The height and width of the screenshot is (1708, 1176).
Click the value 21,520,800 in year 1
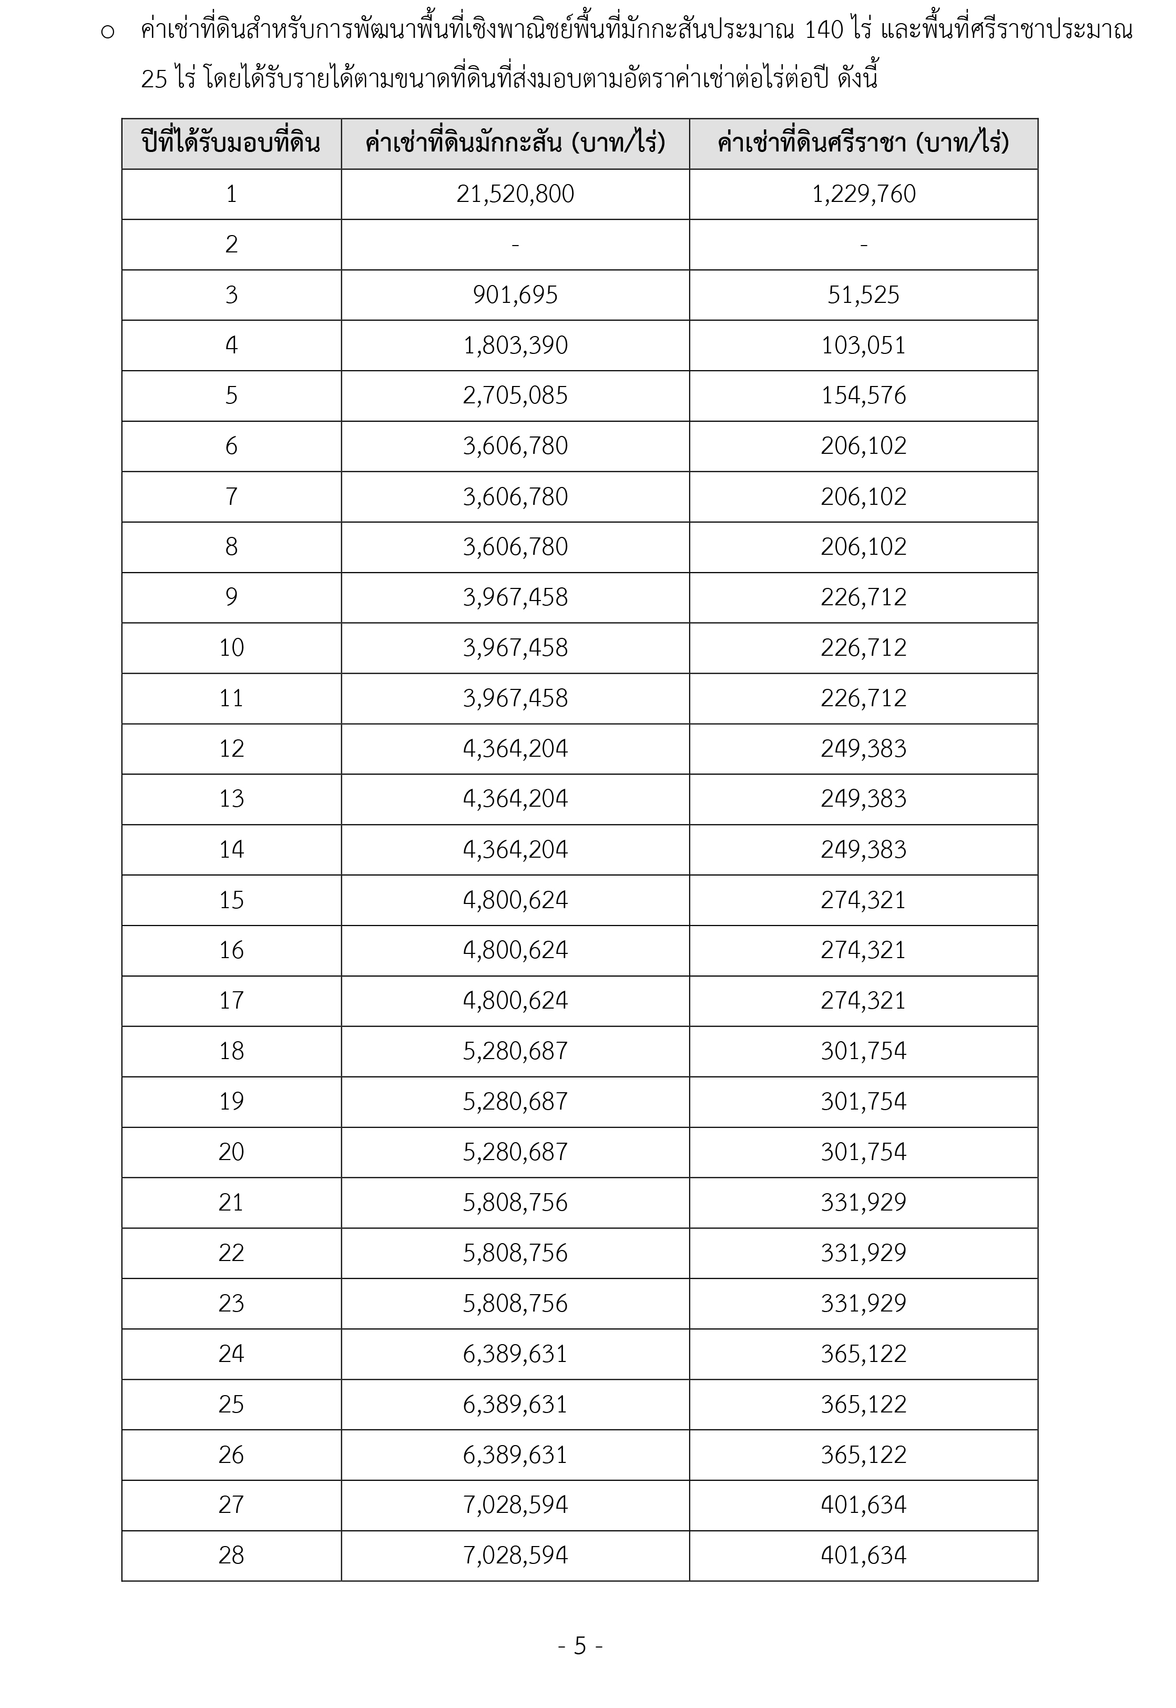click(515, 194)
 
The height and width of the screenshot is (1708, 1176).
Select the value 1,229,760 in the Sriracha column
click(864, 194)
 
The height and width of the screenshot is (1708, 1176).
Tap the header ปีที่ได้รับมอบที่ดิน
click(231, 143)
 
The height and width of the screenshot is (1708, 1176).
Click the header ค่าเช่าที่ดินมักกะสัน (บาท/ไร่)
click(515, 143)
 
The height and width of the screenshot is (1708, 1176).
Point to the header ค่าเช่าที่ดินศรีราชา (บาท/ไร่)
click(864, 143)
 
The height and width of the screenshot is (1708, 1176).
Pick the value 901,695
click(515, 294)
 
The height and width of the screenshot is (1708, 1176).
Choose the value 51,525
click(864, 294)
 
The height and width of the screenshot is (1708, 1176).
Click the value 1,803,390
click(515, 345)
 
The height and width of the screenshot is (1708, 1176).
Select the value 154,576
click(864, 395)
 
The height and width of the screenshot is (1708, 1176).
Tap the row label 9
click(231, 597)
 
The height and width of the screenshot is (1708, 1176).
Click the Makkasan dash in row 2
click(515, 245)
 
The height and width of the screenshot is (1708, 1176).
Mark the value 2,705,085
click(515, 395)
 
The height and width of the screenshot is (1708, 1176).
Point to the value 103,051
click(864, 345)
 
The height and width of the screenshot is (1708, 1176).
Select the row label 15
click(231, 900)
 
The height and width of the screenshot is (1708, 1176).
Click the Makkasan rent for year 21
click(515, 1203)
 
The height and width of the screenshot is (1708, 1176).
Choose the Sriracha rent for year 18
click(864, 1051)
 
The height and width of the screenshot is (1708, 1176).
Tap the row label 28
click(231, 1555)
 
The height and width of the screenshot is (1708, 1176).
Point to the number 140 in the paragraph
click(823, 31)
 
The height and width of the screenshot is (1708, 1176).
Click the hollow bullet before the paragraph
click(108, 33)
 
